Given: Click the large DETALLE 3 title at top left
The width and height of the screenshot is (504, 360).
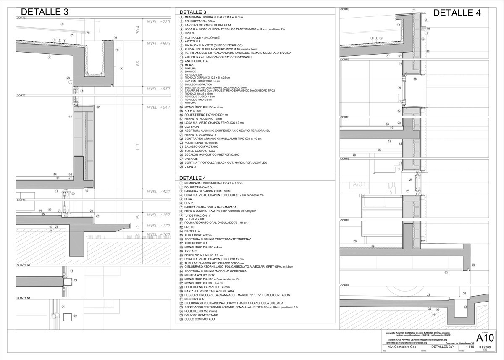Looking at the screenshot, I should pyautogui.click(x=45, y=12).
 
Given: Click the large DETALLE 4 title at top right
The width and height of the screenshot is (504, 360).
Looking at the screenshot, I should pyautogui.click(x=457, y=13).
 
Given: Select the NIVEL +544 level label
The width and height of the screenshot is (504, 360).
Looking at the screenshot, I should pyautogui.click(x=157, y=108).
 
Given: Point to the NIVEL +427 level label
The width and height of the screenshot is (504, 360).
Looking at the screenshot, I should pyautogui.click(x=157, y=192).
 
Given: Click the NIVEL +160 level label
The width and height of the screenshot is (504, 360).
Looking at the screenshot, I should pyautogui.click(x=157, y=234).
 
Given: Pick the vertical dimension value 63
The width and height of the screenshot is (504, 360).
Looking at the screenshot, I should pyautogui.click(x=137, y=63).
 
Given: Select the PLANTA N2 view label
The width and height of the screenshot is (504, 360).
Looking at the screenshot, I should pyautogui.click(x=24, y=265).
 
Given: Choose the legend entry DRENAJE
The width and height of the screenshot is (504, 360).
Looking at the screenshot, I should pyautogui.click(x=194, y=159).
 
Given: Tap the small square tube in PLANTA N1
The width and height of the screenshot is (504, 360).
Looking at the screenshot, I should pyautogui.click(x=66, y=316).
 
